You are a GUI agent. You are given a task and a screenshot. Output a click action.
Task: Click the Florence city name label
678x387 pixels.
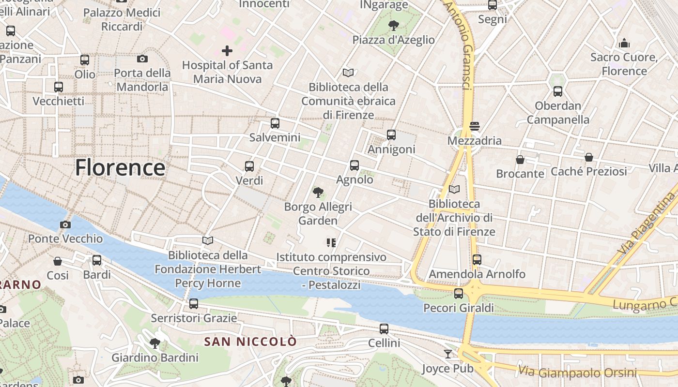coord(120,168)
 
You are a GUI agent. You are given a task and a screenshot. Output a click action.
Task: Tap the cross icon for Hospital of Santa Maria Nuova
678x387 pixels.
coord(227,50)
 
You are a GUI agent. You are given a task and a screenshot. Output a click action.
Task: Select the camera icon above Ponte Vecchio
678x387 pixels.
coord(65,224)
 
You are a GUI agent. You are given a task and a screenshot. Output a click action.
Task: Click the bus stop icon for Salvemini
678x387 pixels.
coord(275,123)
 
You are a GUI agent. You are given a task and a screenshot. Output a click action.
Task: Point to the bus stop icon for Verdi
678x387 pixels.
coord(249,166)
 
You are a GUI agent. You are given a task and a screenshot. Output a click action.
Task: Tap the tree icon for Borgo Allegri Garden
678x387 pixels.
coord(318,193)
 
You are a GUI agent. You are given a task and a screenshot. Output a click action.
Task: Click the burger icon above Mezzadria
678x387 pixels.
coord(475,126)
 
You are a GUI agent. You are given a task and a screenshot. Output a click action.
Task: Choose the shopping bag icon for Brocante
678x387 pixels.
coord(520,159)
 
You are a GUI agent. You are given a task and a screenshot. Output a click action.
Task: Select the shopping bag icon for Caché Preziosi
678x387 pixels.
coord(589,157)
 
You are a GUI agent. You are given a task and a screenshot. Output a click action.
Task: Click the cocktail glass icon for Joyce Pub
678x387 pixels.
coord(448,354)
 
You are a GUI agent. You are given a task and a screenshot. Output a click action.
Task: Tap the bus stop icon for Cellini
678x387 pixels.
coord(384,329)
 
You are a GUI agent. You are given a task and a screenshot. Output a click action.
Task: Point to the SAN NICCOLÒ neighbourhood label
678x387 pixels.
coord(250,342)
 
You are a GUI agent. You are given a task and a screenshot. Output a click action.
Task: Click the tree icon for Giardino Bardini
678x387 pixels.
coord(155,343)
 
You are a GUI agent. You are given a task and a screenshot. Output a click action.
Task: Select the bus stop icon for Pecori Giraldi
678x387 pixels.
coord(459,294)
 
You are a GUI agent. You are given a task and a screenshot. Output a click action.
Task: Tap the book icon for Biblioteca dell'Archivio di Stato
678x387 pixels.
coord(454,189)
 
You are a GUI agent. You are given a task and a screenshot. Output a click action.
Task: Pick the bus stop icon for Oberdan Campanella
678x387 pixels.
coord(558,91)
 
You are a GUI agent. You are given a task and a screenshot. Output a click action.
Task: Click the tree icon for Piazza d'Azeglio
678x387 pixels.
coord(394,25)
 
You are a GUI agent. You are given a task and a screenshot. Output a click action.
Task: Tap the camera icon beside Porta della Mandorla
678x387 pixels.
coord(142,59)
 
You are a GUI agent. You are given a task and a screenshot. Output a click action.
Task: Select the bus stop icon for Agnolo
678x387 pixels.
coord(354,165)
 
